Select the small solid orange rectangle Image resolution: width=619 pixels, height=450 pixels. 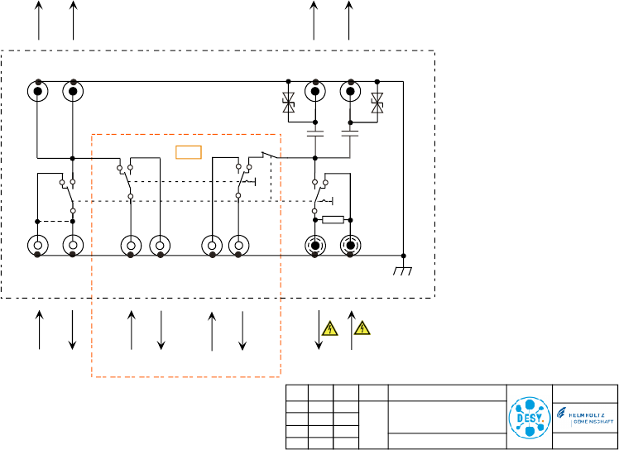pos(189,151)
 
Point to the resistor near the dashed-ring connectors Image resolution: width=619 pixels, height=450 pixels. pos(333,220)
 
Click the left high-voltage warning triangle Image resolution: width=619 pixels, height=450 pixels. pos(330,329)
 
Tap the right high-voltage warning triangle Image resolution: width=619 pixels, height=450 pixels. pos(362,329)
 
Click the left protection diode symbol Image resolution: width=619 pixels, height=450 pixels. pos(288,103)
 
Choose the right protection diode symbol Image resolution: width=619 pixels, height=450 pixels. pos(377,103)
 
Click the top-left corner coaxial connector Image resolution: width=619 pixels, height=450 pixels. pos(38,90)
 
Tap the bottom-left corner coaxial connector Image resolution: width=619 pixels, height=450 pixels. pos(38,246)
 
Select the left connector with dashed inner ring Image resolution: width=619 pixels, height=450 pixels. pos(315,246)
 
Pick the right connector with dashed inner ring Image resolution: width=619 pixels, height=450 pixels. pos(351,246)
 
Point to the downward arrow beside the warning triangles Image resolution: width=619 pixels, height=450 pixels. pos(319,330)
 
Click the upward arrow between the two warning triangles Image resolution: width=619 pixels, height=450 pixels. pos(351,330)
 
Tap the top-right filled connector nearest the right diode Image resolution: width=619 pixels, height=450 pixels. pos(351,90)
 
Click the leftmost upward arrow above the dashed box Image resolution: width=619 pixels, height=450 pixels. pos(39,20)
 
